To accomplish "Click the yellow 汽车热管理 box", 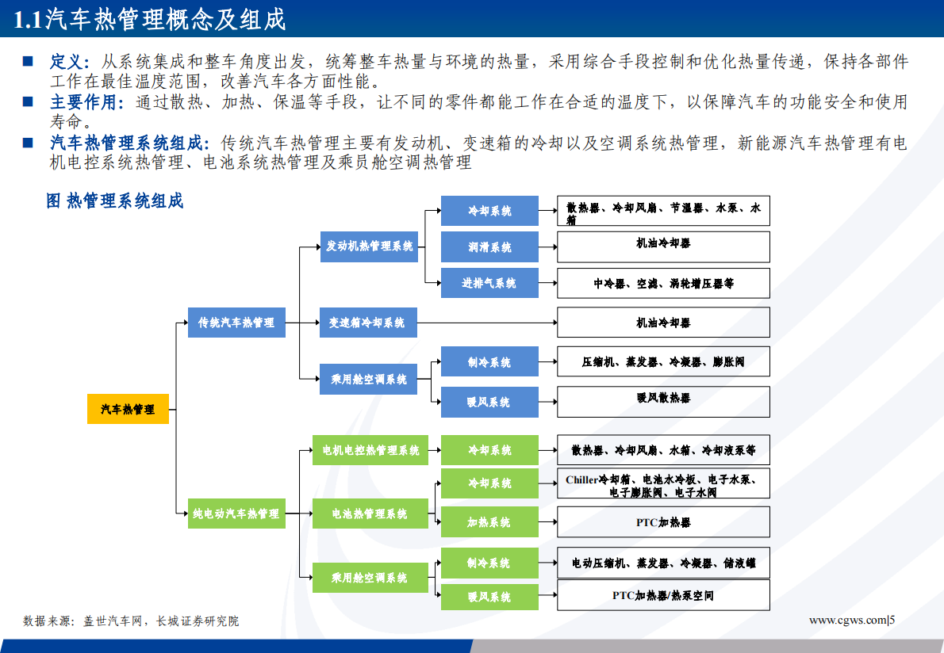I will pyautogui.click(x=128, y=409).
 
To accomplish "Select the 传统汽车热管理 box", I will pyautogui.click(x=236, y=323).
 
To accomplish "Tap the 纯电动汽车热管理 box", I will pyautogui.click(x=236, y=514).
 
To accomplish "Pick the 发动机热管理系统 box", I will pyautogui.click(x=369, y=246).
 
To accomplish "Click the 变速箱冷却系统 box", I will pyautogui.click(x=368, y=323).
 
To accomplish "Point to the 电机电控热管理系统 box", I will pyautogui.click(x=370, y=450).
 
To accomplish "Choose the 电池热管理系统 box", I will pyautogui.click(x=370, y=514).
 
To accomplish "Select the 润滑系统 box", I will pyautogui.click(x=489, y=247).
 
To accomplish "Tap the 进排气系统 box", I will pyautogui.click(x=489, y=283).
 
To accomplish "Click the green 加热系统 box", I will pyautogui.click(x=489, y=522).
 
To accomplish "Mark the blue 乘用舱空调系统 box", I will pyautogui.click(x=369, y=379).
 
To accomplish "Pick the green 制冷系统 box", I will pyautogui.click(x=489, y=563).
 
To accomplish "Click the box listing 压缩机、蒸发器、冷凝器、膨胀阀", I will pyautogui.click(x=663, y=362).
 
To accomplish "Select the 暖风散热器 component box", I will pyautogui.click(x=663, y=399).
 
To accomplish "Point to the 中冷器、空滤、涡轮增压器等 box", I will pyautogui.click(x=663, y=283).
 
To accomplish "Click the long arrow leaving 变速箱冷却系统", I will pyautogui.click(x=485, y=323).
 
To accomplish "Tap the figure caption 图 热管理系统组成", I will pyautogui.click(x=115, y=201).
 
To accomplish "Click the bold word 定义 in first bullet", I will pyautogui.click(x=66, y=62).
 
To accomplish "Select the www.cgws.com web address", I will pyautogui.click(x=846, y=620).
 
